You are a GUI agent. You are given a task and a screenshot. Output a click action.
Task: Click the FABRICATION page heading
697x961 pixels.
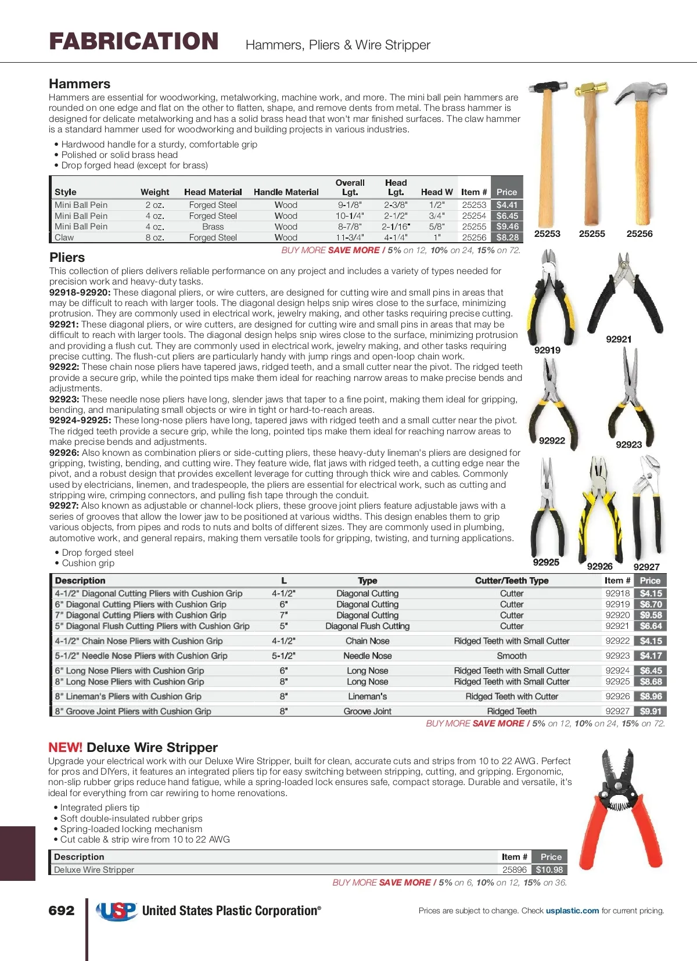134,42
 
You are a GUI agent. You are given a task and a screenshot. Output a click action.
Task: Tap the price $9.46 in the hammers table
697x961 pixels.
507,226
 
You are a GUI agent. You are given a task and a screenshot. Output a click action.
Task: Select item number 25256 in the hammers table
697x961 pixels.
474,237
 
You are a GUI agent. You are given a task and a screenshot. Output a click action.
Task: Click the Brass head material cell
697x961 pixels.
213,226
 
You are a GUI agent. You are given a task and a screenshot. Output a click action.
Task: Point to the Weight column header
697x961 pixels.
155,192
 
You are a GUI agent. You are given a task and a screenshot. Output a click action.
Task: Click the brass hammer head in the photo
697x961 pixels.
590,91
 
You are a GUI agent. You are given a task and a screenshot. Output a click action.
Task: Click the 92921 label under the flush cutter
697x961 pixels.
619,339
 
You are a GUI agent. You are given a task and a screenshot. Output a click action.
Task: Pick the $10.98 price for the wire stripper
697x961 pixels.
549,870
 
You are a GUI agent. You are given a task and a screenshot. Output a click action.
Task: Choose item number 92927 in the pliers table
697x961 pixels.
617,711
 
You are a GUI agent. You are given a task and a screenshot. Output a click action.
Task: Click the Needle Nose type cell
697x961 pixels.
368,656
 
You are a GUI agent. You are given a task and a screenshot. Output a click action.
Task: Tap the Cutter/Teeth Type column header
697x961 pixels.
512,581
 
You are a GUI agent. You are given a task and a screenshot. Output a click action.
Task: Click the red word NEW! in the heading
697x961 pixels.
65,748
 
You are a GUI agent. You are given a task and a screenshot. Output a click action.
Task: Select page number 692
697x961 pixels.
62,910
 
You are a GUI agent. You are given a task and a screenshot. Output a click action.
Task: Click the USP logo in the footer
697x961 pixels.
116,911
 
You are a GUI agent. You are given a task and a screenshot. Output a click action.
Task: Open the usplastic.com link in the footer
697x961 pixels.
572,910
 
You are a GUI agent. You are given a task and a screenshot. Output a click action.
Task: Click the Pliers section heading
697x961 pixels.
67,257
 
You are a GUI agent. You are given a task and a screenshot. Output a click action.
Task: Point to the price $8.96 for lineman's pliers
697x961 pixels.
651,696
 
